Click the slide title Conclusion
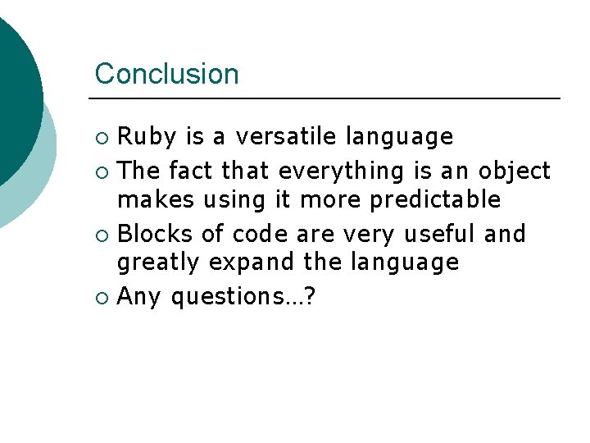click(166, 74)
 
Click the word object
click(514, 171)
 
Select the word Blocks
click(157, 235)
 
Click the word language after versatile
click(399, 137)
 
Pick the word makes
click(150, 199)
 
